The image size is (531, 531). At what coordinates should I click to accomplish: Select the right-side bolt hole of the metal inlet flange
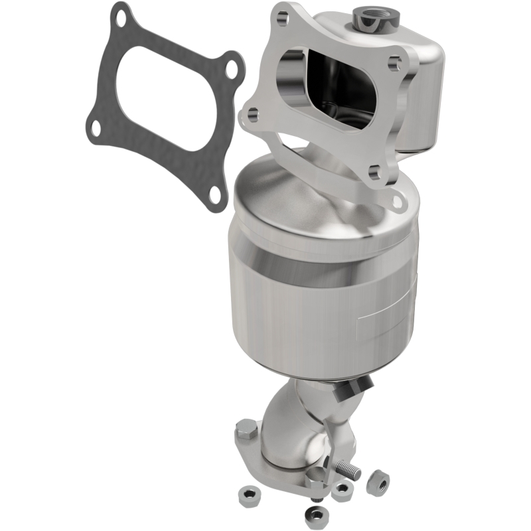pos(396,63)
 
